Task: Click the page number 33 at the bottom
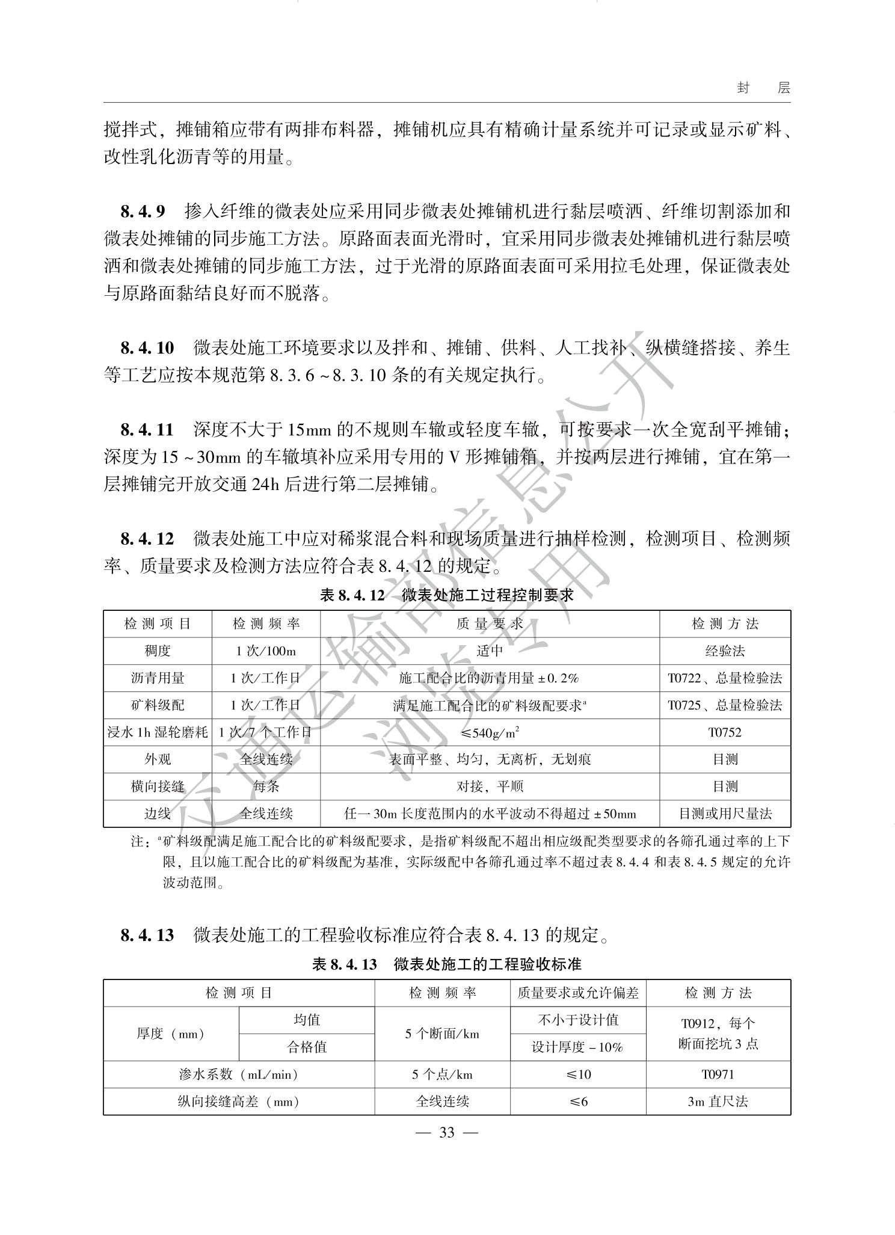447,1133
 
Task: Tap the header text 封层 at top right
763,88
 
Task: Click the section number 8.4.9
143,212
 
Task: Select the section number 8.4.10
147,348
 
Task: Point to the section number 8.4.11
147,430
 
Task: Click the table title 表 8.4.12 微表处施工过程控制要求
447,595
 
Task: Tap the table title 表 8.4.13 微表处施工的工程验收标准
447,964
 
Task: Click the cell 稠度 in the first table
158,651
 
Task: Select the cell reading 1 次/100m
266,651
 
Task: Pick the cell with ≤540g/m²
490,732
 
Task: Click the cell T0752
725,732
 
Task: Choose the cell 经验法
725,651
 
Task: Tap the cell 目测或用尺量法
725,814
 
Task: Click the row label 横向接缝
158,786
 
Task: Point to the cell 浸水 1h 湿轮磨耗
158,732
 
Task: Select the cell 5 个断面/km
442,1034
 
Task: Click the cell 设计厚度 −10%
577,1047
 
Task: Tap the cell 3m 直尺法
718,1101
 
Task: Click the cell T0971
718,1074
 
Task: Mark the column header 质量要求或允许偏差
577,993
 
